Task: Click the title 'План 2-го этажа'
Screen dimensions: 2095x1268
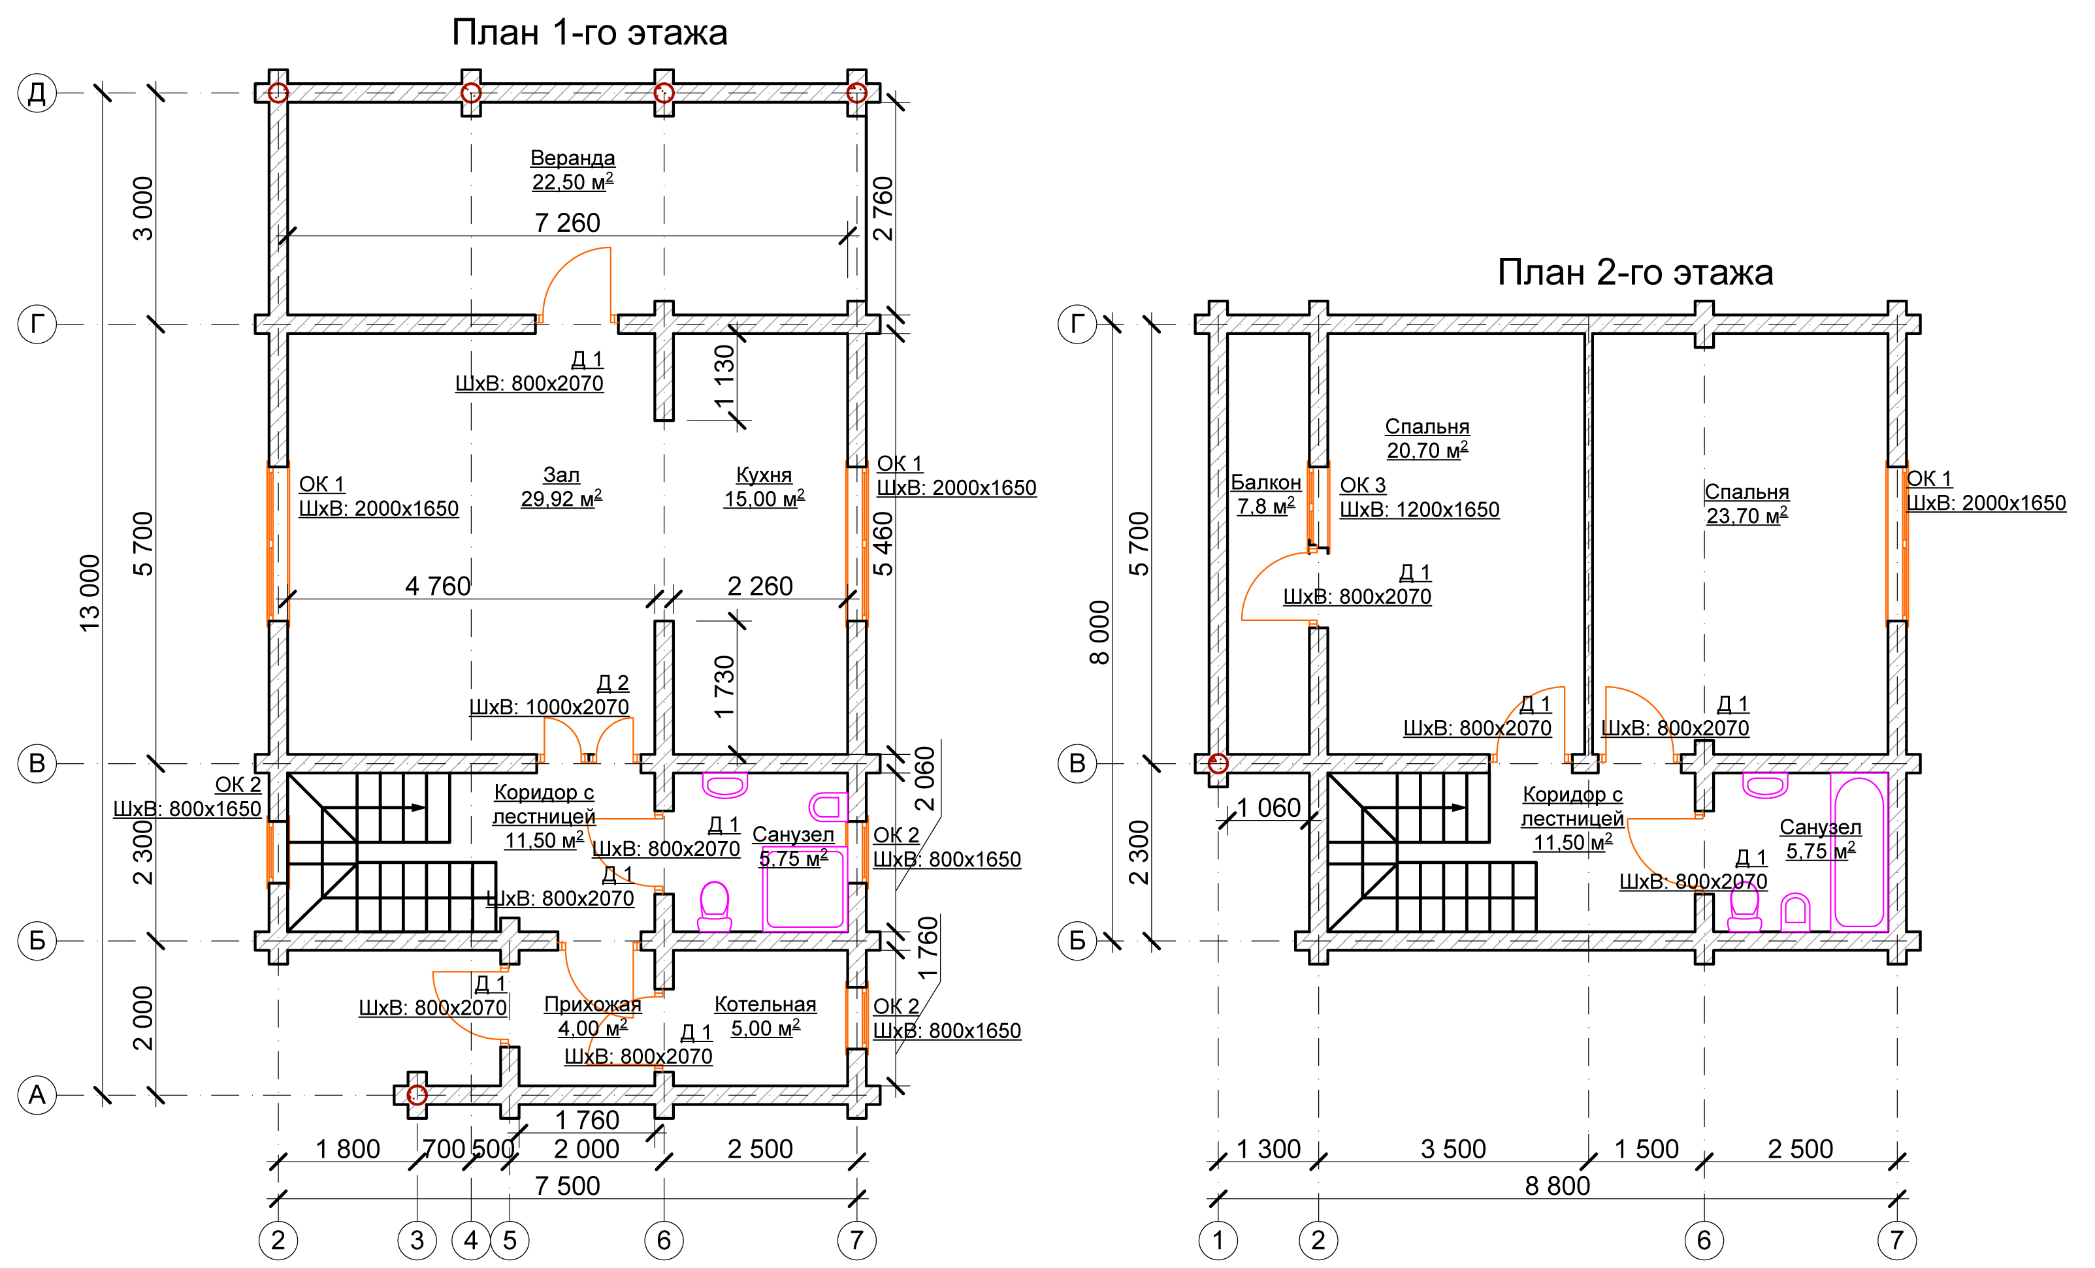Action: coord(1635,273)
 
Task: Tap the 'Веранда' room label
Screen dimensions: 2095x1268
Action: coord(572,158)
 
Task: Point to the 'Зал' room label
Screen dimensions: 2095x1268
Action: coord(561,475)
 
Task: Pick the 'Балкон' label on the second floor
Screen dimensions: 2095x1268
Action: coord(1266,483)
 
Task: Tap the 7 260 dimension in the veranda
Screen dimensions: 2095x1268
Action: coord(567,223)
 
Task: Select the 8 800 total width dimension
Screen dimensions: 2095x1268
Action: coord(1557,1186)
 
